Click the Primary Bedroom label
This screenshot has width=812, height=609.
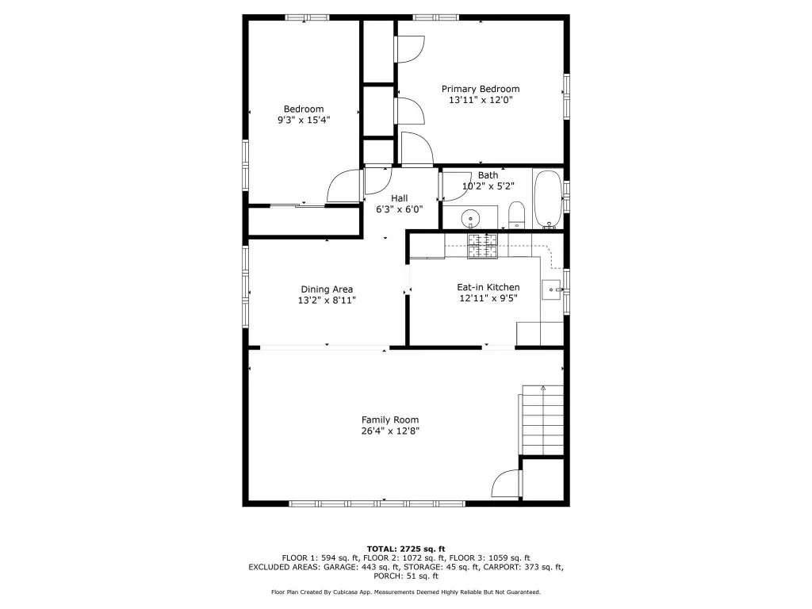[481, 89]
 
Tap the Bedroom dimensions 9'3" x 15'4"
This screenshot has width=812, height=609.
[304, 121]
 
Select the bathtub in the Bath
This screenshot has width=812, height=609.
[548, 199]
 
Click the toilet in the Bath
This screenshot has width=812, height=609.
[516, 216]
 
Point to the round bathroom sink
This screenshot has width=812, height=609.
[471, 218]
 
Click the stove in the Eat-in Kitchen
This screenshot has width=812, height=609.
[482, 246]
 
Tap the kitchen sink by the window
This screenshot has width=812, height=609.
[552, 289]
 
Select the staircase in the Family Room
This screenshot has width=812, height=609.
[541, 420]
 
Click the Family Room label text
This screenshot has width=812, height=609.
[390, 420]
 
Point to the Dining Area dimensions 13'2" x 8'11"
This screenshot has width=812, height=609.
[327, 301]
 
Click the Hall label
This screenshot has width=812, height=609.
[400, 198]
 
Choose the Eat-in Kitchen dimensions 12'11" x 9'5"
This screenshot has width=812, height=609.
[488, 298]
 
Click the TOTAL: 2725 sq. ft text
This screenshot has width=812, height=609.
[406, 549]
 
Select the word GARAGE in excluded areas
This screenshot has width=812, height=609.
[339, 567]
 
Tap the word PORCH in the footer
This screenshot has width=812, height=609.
[387, 576]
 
